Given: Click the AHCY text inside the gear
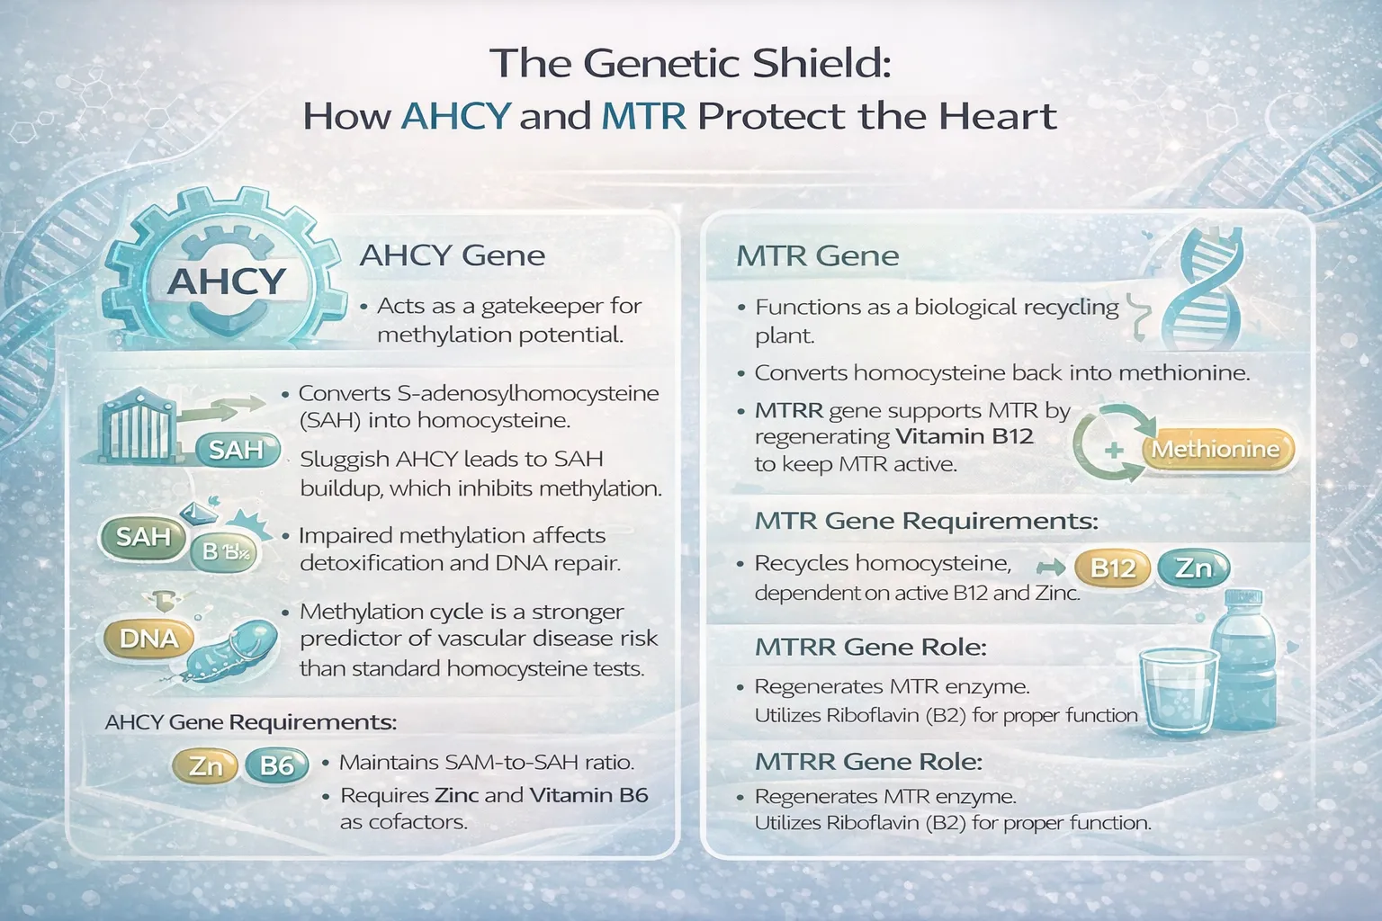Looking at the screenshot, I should click(x=227, y=281).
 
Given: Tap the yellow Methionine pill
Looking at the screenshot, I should click(x=1216, y=449).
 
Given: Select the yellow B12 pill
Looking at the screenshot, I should click(x=1112, y=568).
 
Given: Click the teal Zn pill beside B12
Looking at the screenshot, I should click(x=1193, y=568).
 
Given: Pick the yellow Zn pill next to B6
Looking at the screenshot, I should click(x=205, y=765).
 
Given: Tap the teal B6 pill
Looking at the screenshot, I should click(x=276, y=765).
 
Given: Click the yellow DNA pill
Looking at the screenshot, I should click(x=149, y=639).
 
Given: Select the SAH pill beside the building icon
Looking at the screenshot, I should click(x=236, y=449).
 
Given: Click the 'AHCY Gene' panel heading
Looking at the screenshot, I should click(x=452, y=255).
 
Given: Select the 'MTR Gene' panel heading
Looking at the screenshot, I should click(x=817, y=256).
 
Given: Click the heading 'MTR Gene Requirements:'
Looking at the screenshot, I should click(x=926, y=521).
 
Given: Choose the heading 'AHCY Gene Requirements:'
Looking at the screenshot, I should click(x=250, y=722).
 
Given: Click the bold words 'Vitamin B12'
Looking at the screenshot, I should click(x=965, y=437).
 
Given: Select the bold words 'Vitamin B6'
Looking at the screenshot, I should click(x=588, y=795).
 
